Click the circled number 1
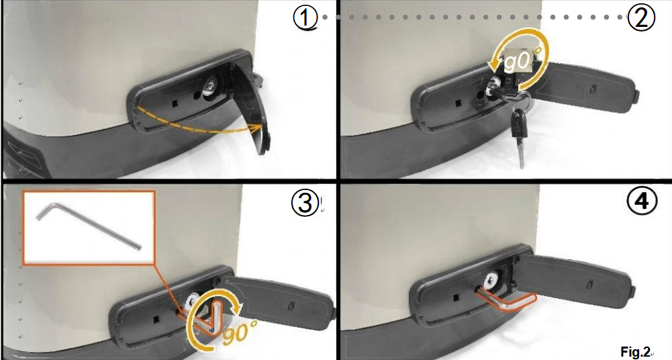click(x=305, y=18)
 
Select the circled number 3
click(x=305, y=202)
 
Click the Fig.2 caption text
click(x=636, y=352)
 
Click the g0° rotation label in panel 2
click(x=520, y=61)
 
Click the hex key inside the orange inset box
click(x=89, y=226)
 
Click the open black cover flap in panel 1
click(x=250, y=107)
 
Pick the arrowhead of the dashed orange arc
click(x=256, y=128)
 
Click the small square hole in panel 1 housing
click(x=175, y=103)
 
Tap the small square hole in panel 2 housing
click(x=458, y=103)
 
